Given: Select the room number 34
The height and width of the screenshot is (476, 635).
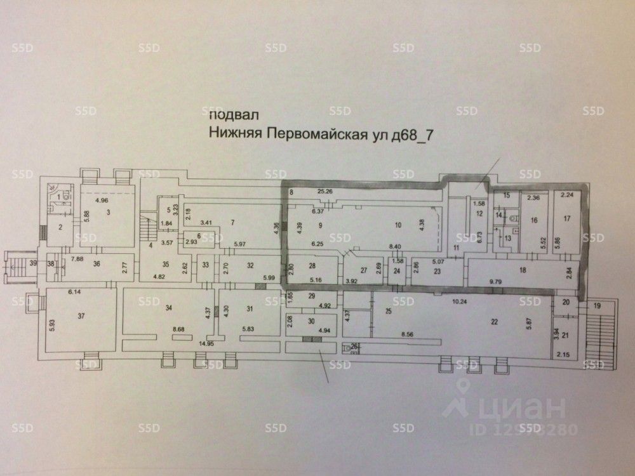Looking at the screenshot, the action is coord(169,308).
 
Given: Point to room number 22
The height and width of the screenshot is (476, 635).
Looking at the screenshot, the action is coord(494,321).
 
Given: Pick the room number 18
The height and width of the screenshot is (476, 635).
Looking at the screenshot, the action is coord(523,270).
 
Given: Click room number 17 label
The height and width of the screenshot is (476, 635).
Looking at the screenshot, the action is coord(566,219).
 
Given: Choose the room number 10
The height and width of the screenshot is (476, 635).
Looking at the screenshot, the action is coord(398,225).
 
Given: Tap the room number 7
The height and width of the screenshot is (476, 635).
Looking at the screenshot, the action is coord(233,221).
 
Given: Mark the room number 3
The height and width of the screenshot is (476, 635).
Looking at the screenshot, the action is coord(109,211).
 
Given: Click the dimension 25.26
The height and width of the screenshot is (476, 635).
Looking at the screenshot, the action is coord(326,191).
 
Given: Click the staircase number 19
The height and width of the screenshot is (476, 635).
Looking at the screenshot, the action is coord(596,306).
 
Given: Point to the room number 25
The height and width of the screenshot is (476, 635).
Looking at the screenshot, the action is coord(387,312).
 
